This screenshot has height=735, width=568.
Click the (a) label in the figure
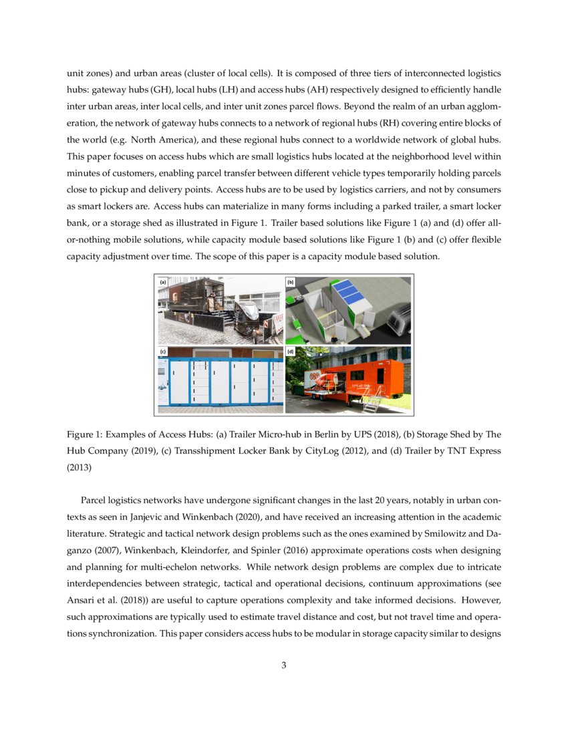162,283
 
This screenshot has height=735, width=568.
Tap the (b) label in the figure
290,283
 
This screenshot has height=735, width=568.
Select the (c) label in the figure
162,351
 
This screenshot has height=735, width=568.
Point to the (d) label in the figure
290,351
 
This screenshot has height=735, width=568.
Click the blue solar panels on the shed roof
353,293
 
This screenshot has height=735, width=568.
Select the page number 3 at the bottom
284,665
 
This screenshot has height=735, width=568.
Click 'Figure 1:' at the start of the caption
86,434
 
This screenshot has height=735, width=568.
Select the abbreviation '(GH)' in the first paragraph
162,90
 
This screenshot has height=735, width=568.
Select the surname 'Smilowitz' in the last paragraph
440,534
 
